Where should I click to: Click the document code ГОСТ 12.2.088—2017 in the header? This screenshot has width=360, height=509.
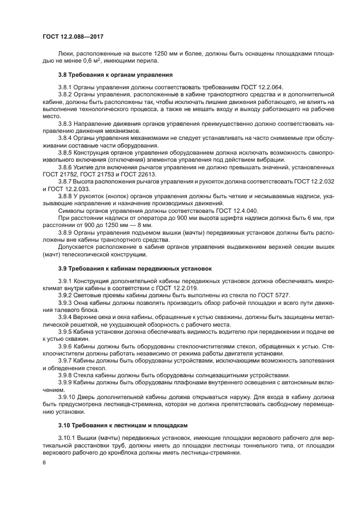pyautogui.click(x=72, y=36)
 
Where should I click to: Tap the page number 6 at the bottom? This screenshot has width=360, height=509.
pyautogui.click(x=45, y=462)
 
